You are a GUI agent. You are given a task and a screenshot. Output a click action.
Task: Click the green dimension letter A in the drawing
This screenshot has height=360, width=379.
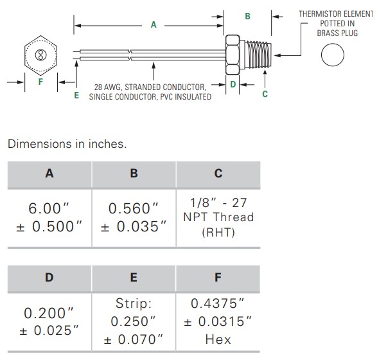click(x=154, y=24)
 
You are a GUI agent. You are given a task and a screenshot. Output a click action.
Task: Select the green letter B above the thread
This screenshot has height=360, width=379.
click(x=247, y=16)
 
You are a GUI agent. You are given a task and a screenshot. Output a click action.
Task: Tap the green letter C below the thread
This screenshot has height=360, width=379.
click(x=265, y=94)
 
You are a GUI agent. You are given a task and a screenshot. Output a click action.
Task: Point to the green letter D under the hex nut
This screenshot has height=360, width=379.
click(x=233, y=84)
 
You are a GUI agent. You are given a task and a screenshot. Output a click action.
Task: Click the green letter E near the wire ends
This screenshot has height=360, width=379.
click(x=76, y=95)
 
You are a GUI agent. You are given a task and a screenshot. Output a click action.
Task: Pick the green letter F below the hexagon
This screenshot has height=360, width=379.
click(x=40, y=82)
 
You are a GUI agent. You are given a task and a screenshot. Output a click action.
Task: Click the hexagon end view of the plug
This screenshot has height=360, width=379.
click(x=40, y=55)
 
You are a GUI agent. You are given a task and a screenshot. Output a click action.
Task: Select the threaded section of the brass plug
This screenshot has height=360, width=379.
click(x=258, y=54)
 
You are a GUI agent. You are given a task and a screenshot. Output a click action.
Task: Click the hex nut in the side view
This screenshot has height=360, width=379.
click(x=233, y=55)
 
